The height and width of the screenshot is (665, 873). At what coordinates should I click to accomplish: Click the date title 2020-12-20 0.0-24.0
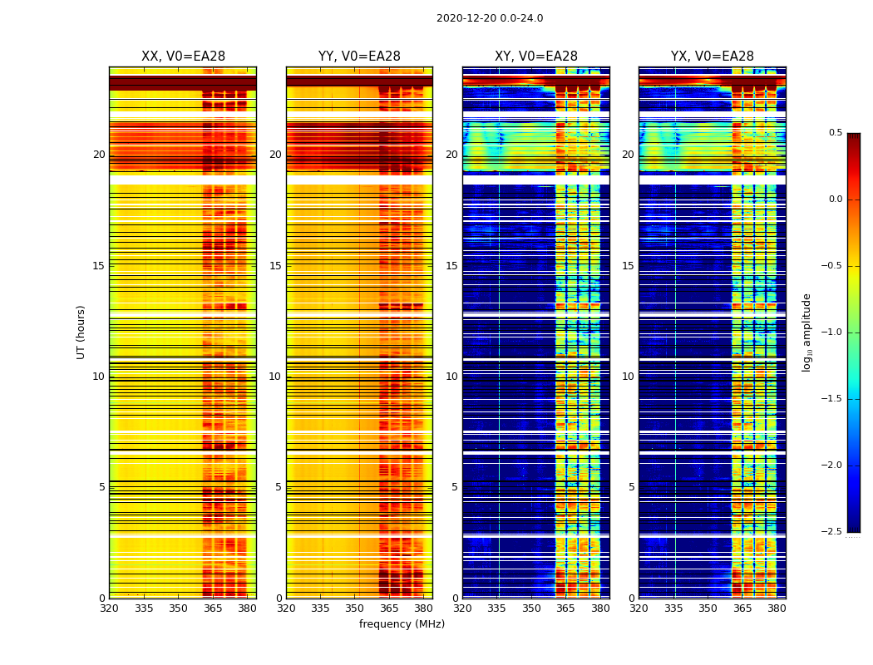(x=490, y=18)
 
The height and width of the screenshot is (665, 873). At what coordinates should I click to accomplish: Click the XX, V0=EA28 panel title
(x=183, y=57)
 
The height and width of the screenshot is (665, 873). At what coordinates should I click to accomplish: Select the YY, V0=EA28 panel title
(x=359, y=57)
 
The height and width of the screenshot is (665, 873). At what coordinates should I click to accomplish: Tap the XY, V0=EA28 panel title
(x=536, y=57)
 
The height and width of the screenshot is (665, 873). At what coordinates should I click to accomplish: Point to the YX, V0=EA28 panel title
(x=713, y=57)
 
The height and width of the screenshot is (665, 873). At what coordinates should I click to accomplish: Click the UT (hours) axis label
(x=81, y=332)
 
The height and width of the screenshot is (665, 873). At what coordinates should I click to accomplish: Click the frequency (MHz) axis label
(x=402, y=624)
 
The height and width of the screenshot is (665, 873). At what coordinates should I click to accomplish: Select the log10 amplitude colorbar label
(x=806, y=332)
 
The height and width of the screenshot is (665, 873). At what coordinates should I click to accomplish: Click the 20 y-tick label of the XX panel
(x=99, y=155)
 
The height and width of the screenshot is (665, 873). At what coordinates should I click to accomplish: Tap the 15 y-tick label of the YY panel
(x=275, y=266)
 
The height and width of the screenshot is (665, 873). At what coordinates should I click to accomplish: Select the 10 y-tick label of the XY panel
(x=451, y=377)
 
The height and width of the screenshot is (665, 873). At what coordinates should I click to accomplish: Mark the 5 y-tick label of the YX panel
(x=631, y=487)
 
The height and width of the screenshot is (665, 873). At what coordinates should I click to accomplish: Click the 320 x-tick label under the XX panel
(x=109, y=608)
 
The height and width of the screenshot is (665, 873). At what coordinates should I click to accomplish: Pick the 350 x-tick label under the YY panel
(x=355, y=608)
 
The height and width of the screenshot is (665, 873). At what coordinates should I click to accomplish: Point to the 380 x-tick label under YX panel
(x=777, y=608)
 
